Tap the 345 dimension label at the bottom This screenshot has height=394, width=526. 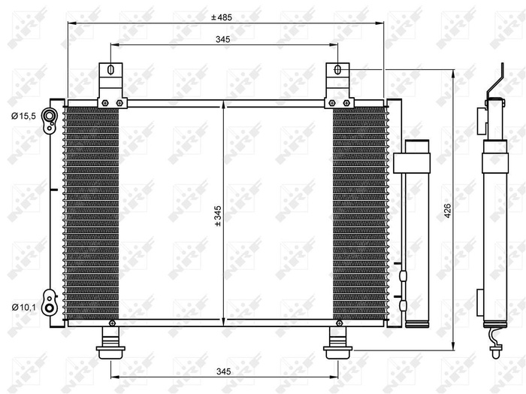[222, 370]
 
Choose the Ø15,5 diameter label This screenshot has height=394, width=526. [23, 115]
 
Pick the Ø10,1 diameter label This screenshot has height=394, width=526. [23, 306]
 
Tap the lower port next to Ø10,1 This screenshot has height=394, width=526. [50, 306]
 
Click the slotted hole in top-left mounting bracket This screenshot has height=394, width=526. [110, 71]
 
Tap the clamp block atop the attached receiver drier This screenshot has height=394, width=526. [410, 161]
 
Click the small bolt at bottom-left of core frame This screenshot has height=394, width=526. [112, 323]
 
